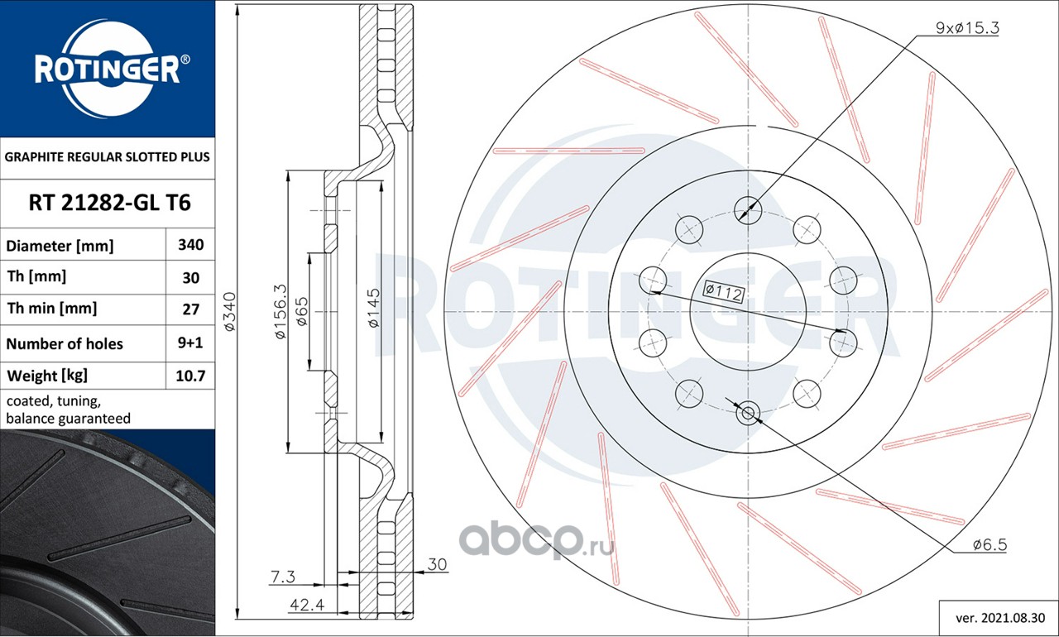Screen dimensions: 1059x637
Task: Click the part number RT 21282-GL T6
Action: coord(110,203)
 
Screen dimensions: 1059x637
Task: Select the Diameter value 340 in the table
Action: coord(190,245)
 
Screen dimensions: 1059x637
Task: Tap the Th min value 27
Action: coord(190,309)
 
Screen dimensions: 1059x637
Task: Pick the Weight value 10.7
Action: coord(190,376)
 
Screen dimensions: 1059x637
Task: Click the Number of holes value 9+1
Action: coord(190,342)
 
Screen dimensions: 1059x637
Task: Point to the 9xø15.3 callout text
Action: coord(967,28)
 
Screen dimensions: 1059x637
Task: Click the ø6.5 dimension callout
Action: coord(990,545)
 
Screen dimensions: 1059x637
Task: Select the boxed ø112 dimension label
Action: coord(724,291)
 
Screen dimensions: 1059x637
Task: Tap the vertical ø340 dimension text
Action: coord(229,311)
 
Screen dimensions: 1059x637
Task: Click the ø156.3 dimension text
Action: coord(280,311)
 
